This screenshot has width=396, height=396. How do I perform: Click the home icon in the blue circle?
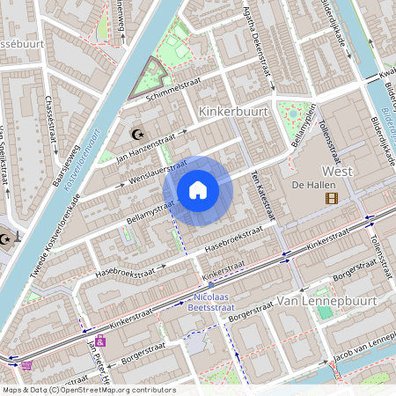[198, 190]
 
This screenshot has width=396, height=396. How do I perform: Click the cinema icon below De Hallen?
[331, 199]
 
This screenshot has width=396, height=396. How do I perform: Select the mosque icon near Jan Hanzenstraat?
[136, 134]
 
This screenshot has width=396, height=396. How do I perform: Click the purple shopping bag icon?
[100, 341]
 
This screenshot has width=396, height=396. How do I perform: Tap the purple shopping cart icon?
[26, 365]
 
